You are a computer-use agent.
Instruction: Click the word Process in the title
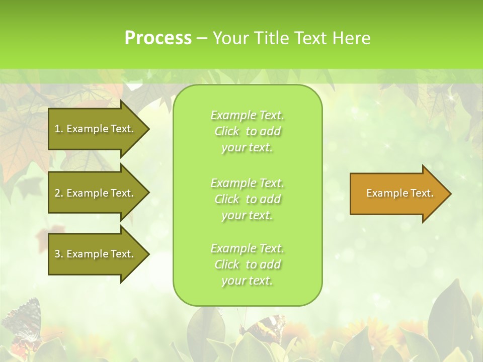tap(158, 38)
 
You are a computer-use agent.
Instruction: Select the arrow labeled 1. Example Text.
tap(96, 129)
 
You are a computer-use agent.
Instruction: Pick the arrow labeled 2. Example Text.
tap(96, 193)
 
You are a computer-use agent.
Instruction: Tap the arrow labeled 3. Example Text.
tap(96, 254)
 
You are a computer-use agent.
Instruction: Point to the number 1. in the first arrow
tap(59, 129)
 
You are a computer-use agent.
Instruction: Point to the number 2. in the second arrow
tap(59, 193)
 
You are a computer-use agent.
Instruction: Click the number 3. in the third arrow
tap(59, 254)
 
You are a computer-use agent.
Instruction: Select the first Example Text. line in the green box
tap(247, 115)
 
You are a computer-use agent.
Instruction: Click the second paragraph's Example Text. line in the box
tap(247, 183)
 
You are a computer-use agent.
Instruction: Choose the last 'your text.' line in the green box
tap(247, 281)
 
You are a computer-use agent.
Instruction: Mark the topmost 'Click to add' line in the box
tap(247, 131)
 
